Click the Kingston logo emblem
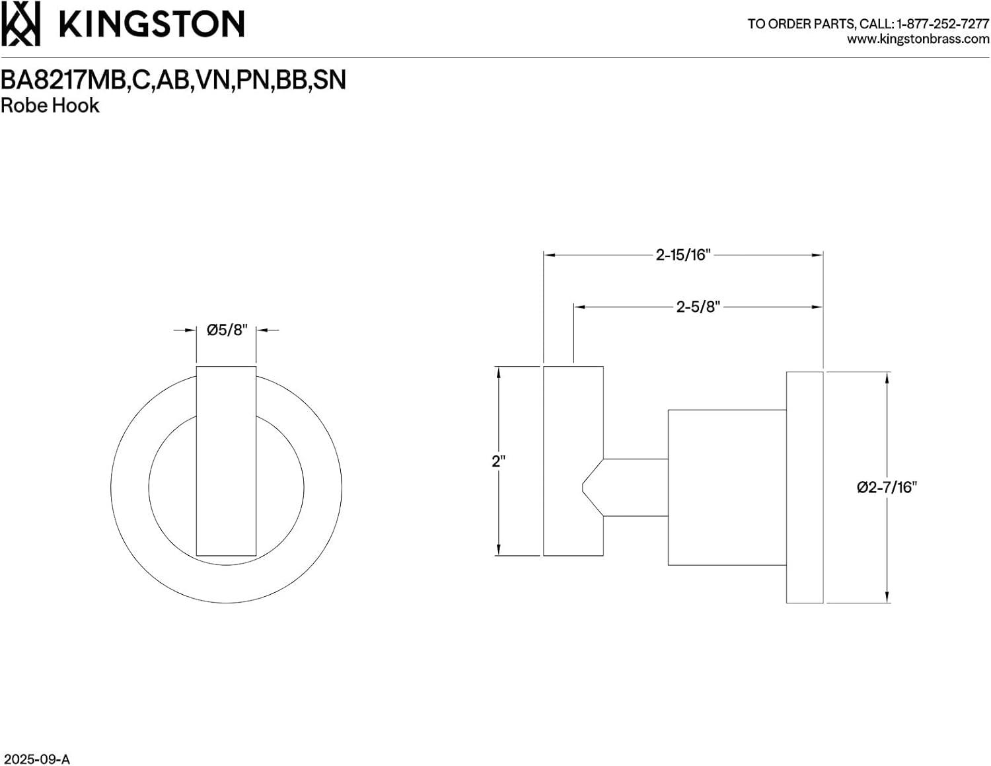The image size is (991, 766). pos(20,24)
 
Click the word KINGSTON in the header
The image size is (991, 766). pos(152,24)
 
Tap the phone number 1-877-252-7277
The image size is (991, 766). pos(942,24)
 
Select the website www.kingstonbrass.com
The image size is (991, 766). pos(918,40)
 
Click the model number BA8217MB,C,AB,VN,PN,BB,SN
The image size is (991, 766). pos(173,80)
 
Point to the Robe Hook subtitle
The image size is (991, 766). pos(50,106)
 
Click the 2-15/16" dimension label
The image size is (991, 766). pos(682,254)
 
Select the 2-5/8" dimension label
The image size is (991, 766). pos(698,307)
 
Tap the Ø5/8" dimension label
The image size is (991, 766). pos(227,330)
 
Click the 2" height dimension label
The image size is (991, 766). pos(498,461)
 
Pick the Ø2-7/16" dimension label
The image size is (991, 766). pos(887,487)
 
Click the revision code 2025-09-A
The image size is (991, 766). pos(36,759)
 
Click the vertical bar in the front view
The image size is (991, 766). pos(226,461)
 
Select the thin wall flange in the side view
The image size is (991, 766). pos(804,487)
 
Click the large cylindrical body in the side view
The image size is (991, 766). pos(727,487)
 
